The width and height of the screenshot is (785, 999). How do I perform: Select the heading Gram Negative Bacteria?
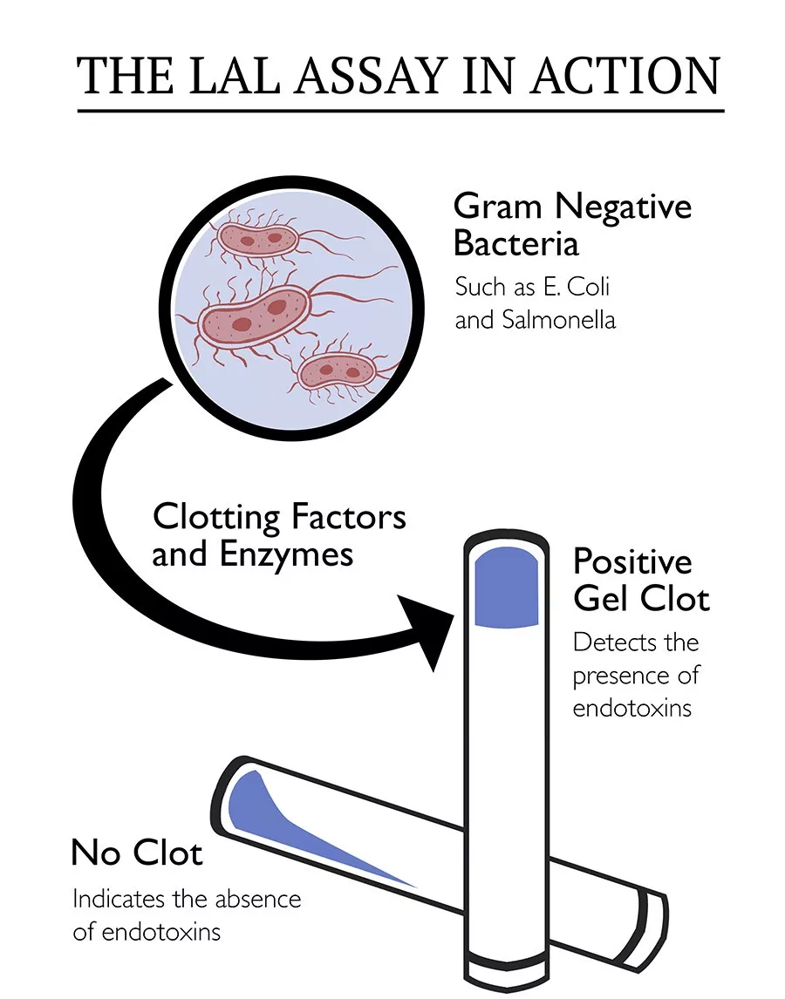click(x=572, y=224)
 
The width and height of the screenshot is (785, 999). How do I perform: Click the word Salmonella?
click(x=559, y=320)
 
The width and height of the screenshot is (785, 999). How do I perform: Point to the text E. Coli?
click(x=582, y=286)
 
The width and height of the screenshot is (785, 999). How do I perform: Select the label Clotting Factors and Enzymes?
click(x=279, y=535)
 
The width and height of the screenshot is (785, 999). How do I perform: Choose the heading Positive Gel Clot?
click(x=641, y=580)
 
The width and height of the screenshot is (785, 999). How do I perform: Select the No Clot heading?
click(x=137, y=852)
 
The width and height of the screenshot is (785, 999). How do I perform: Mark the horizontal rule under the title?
click(x=400, y=111)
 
